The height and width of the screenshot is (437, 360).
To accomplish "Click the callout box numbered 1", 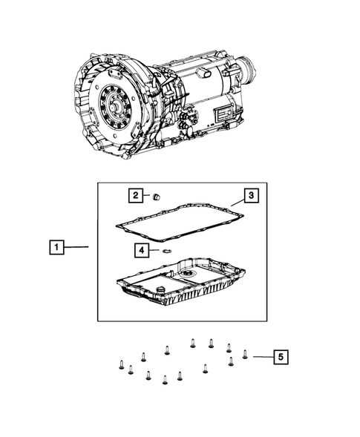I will coord(57,246).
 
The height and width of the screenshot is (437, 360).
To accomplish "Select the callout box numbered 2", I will coord(134,196).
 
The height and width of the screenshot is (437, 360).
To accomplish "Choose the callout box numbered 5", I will coord(279,357).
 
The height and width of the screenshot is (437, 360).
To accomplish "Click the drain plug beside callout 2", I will coord(157,197).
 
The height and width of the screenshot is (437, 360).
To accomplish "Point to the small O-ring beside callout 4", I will coord(167,252).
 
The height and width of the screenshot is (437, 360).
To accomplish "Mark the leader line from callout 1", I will coord(82,246).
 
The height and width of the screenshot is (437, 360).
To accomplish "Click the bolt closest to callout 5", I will coord(245,354).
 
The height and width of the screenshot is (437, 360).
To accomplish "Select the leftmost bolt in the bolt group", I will coord(120,364).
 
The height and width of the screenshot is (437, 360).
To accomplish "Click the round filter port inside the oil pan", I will coord(192,275).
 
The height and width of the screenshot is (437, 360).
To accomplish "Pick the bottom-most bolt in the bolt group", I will coord(165,380).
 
